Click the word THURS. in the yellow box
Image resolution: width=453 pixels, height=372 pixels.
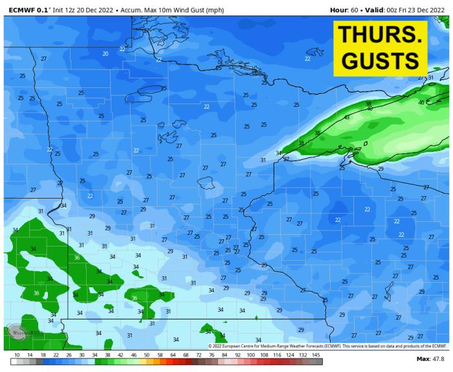pos(380,36)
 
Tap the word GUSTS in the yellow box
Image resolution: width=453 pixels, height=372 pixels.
pos(380,61)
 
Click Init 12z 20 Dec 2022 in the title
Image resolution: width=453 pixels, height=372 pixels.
pos(81,10)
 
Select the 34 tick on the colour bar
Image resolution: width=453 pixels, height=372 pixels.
pos(94,355)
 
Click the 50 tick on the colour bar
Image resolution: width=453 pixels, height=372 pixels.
pos(147,355)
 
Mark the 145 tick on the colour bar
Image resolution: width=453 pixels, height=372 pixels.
pos(316,355)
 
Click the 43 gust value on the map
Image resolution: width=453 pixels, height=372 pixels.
pos(347,118)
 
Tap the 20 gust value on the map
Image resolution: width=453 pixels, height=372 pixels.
pos(105,54)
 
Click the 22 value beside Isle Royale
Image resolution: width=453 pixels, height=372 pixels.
pos(307,59)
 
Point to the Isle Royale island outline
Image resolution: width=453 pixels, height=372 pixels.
pos(315,52)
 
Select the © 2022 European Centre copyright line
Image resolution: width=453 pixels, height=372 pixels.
pos(327,346)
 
